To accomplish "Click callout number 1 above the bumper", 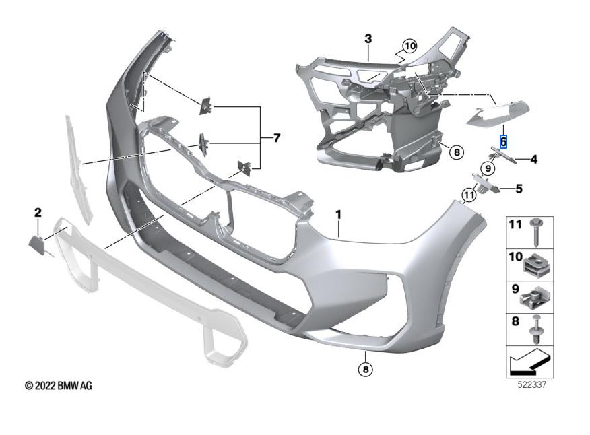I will click(339, 214).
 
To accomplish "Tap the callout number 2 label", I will click(38, 213).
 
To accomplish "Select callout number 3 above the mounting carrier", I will click(368, 39).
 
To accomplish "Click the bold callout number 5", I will click(519, 189).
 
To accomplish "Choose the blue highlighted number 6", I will click(503, 141).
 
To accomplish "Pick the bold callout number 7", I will click(275, 138).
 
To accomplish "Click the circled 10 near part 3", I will click(410, 46).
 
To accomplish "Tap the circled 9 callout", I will click(486, 168).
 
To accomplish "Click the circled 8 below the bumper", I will click(365, 369).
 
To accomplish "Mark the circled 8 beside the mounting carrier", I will click(456, 153).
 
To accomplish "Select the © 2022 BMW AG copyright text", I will click(59, 386).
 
